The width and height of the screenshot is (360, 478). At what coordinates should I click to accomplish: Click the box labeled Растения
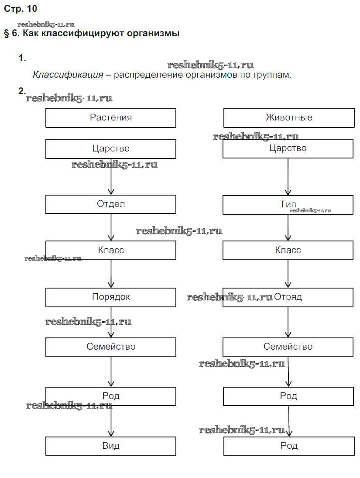111,118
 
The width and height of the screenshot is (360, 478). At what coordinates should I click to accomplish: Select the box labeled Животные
289,118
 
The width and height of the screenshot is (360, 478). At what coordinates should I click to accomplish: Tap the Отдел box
111,204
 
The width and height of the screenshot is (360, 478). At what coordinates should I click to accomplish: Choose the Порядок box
111,297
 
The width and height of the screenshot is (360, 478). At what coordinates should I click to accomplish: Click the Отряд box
288,297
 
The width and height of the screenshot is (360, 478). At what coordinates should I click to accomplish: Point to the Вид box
111,446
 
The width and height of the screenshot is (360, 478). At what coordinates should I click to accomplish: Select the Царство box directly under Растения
111,149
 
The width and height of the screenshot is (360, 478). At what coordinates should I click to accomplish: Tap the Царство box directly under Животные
288,148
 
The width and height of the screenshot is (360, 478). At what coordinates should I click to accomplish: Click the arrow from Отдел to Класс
111,227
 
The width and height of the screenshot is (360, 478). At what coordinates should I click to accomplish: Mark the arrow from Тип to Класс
288,227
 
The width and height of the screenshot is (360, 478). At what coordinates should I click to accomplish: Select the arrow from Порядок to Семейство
111,323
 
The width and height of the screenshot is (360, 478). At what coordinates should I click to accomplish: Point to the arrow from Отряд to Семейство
288,323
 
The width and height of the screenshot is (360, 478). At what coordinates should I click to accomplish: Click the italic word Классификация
68,75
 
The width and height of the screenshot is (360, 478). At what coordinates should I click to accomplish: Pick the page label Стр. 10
21,8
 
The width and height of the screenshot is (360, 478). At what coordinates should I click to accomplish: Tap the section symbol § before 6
7,34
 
